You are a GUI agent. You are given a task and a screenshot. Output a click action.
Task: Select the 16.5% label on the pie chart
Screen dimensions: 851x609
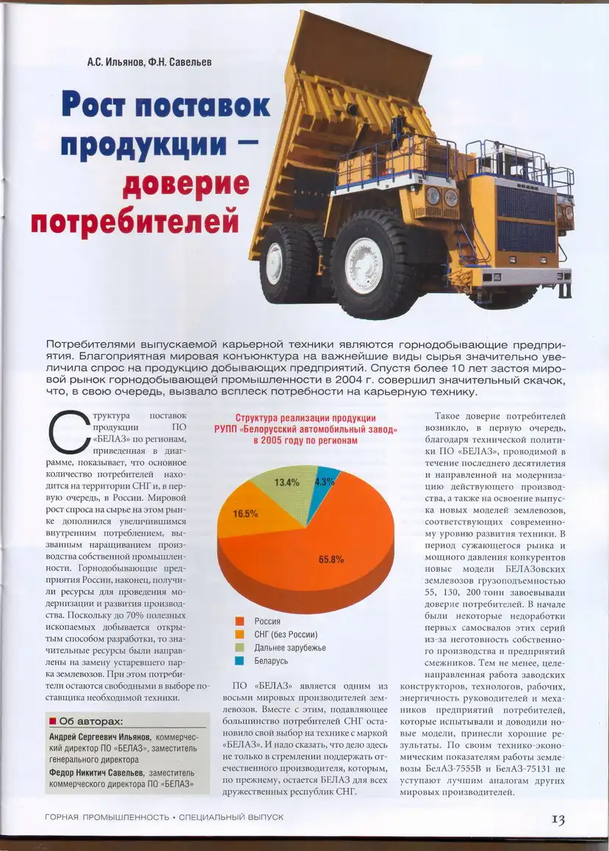(x=245, y=514)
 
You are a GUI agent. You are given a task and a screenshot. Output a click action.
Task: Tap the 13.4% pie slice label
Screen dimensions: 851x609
(x=287, y=482)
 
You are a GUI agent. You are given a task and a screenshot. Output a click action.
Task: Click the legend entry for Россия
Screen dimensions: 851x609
(x=267, y=621)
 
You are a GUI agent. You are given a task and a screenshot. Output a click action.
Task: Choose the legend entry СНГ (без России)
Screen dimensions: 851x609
(x=285, y=634)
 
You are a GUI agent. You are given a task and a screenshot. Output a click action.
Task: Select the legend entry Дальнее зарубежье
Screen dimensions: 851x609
(x=289, y=648)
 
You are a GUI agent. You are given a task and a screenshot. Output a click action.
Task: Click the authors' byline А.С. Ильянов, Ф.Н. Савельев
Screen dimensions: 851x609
(x=149, y=62)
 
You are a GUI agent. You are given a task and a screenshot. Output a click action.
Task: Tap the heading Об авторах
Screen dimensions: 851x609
(x=90, y=720)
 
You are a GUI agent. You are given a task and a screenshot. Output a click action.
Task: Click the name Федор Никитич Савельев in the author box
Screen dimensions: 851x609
(x=96, y=772)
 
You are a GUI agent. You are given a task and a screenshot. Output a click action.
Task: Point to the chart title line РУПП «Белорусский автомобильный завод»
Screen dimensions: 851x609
(x=306, y=428)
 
